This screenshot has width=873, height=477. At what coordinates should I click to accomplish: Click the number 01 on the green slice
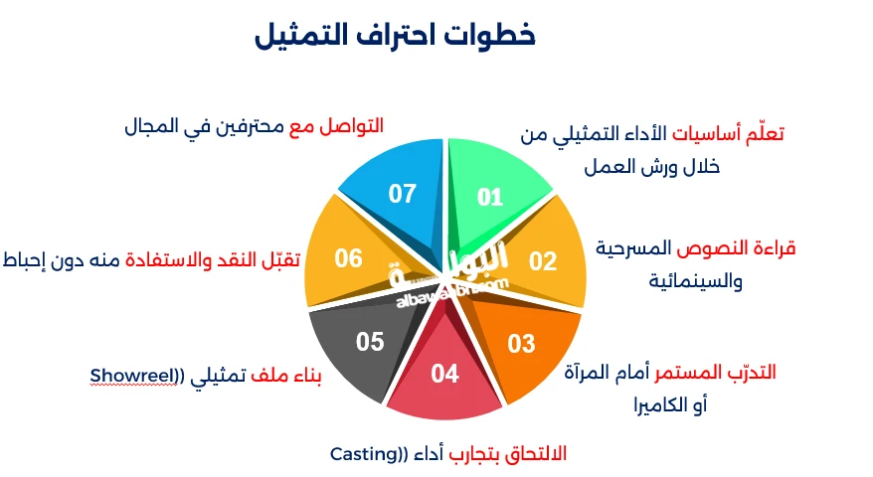490,198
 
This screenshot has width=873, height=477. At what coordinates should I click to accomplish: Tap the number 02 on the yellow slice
542,261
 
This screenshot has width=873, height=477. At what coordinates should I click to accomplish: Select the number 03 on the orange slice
521,344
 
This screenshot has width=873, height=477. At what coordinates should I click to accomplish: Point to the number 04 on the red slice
445,374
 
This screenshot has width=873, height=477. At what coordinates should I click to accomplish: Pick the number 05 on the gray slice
370,342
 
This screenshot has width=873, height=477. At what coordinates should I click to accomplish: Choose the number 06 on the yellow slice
348,258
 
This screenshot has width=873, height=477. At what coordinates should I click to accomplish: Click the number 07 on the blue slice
402,194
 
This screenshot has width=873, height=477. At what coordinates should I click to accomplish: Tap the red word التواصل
351,126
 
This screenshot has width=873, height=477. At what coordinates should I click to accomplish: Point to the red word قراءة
775,247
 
